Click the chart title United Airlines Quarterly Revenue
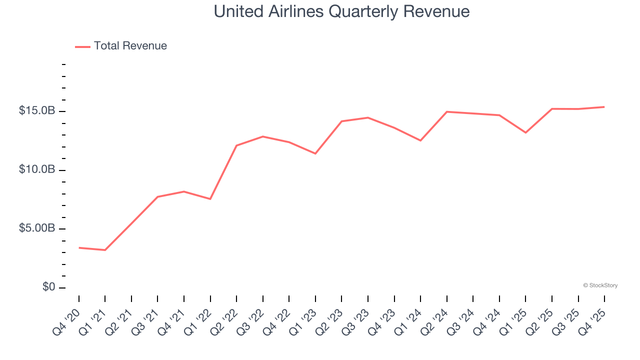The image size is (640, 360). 341,11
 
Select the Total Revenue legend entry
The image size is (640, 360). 130,46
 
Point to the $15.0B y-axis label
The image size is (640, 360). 36,111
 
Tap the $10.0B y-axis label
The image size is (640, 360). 36,170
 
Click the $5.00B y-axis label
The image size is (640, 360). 36,228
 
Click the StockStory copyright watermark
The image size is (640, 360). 600,285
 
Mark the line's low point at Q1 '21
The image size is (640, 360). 105,250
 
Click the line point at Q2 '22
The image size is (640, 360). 236,145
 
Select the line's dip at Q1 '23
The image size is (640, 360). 315,153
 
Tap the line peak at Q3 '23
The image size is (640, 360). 368,117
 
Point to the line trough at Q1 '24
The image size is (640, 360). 420,140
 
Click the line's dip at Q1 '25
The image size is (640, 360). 525,132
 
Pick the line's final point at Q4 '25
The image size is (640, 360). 604,107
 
